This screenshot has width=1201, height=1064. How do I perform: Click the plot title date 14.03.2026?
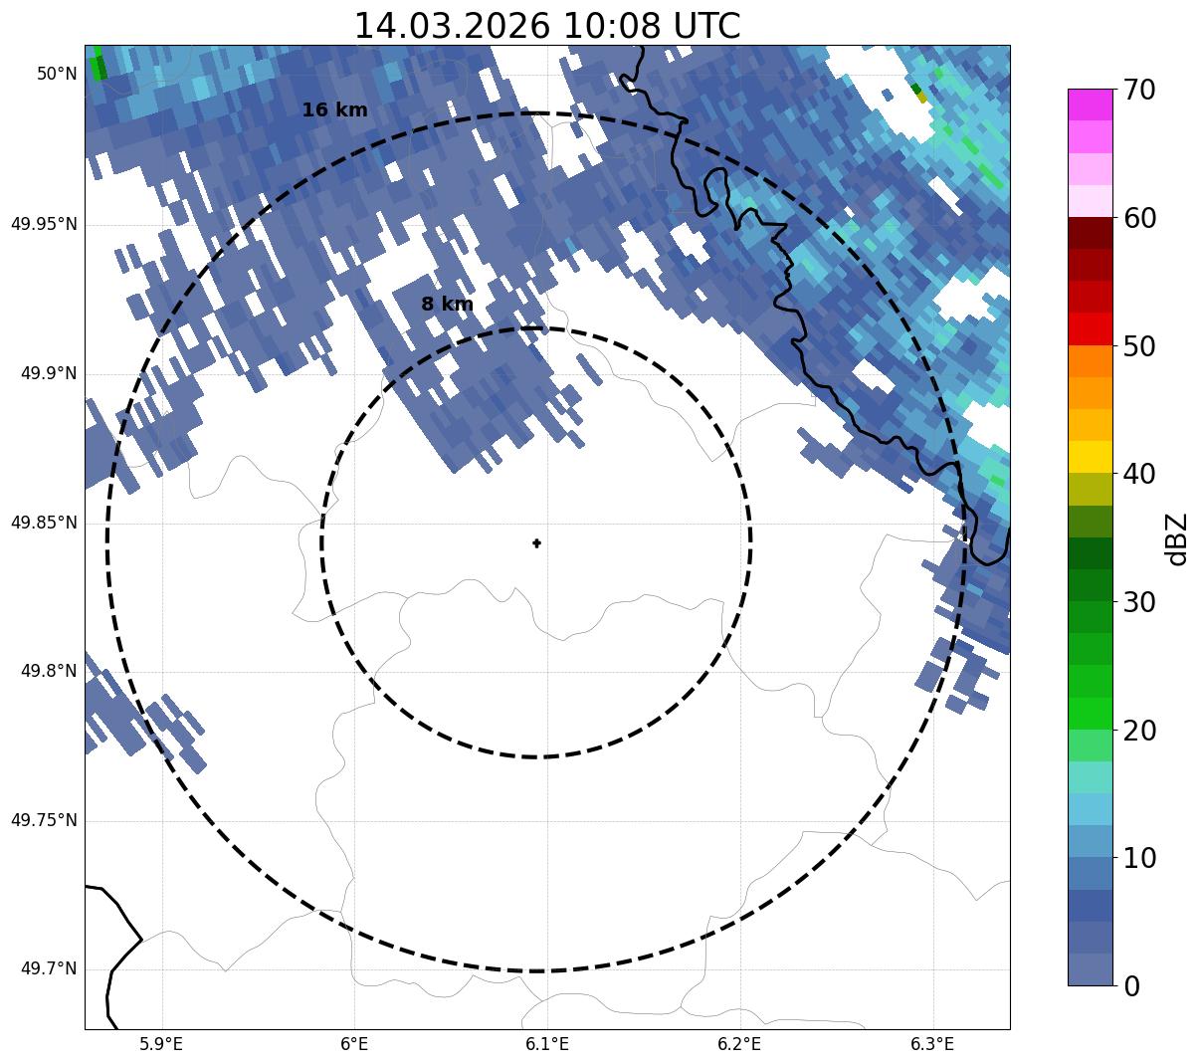(x=451, y=26)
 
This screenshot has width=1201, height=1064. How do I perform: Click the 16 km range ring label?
(x=334, y=110)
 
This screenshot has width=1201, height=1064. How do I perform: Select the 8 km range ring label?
(x=447, y=305)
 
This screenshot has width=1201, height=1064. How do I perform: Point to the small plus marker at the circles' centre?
(x=536, y=543)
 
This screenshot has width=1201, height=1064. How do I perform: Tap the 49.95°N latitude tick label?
(x=44, y=224)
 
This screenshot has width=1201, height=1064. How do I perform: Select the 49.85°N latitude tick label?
(x=44, y=523)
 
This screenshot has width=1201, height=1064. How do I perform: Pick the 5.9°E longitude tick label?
(x=161, y=1044)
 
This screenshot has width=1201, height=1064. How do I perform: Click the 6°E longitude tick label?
(x=354, y=1044)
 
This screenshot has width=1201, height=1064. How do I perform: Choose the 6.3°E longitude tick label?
(x=932, y=1044)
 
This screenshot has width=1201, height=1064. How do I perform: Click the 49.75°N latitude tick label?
(x=44, y=820)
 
